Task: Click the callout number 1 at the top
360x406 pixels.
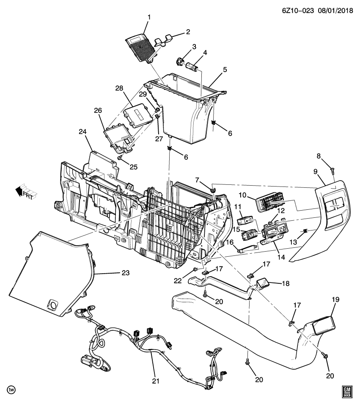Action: coord(148,18)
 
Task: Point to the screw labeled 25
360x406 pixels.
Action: coord(120,157)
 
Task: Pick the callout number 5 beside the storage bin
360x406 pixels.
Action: coord(225,69)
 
